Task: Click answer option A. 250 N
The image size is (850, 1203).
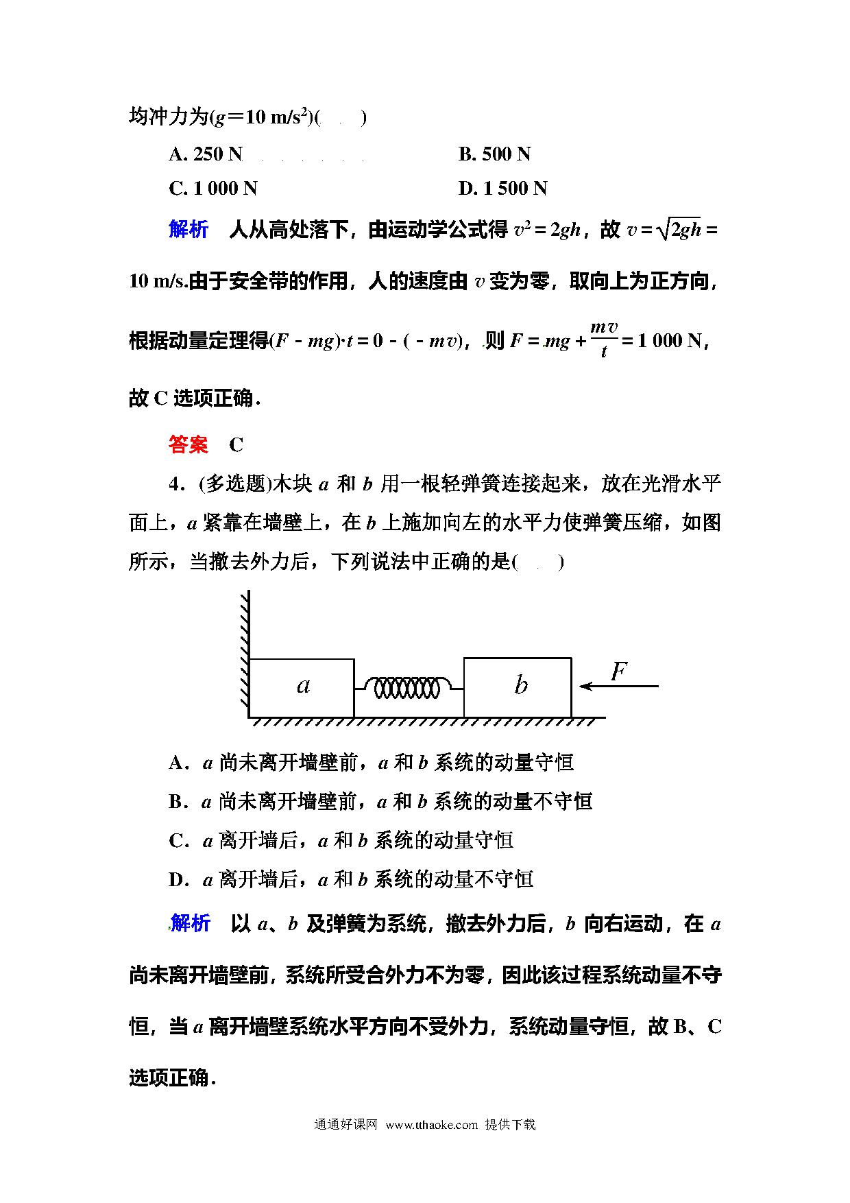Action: point(206,154)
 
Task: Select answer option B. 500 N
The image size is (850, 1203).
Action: point(494,154)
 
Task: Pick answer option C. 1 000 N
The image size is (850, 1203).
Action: point(212,189)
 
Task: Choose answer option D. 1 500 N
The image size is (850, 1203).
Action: point(502,189)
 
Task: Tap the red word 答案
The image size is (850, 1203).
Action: point(189,444)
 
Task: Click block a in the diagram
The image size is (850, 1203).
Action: point(302,687)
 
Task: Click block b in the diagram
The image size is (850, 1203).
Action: point(518,687)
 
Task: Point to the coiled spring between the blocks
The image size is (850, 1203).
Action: point(409,687)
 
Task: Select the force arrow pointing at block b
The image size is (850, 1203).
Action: point(618,685)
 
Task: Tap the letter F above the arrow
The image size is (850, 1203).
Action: point(618,670)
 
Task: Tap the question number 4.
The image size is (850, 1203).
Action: point(175,484)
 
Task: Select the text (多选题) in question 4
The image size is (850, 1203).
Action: point(235,484)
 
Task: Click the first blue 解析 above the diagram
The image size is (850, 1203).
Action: point(189,230)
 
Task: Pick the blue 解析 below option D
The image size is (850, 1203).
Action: point(190,924)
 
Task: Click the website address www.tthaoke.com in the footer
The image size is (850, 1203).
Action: point(431,1124)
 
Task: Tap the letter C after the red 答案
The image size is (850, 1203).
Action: point(236,445)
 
